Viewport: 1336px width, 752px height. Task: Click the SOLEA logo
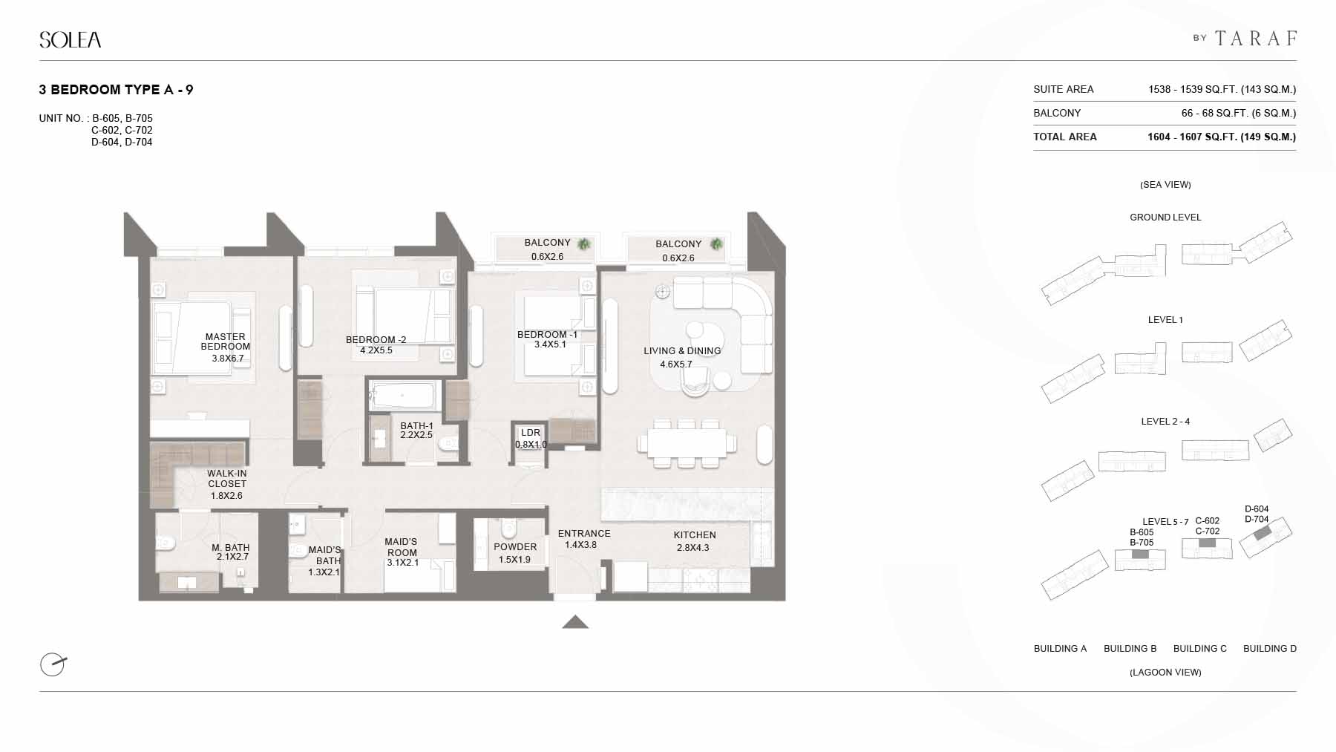pos(71,39)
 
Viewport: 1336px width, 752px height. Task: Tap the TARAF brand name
pos(1256,38)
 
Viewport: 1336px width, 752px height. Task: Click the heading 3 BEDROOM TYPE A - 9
pos(116,90)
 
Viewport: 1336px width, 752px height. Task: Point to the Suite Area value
pos(1222,89)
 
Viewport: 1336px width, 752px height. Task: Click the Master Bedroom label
pos(226,341)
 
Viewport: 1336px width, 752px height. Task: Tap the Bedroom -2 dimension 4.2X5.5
pos(376,350)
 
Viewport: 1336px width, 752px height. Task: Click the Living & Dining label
pos(682,351)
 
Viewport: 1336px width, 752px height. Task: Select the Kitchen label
pos(695,535)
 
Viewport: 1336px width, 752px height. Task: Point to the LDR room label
pos(531,433)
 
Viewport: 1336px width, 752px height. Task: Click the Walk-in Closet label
pos(227,479)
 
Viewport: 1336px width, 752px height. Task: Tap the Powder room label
pos(515,547)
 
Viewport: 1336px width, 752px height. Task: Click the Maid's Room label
pos(402,547)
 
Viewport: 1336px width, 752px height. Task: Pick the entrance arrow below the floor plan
pos(575,622)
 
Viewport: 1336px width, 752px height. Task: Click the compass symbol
pos(53,664)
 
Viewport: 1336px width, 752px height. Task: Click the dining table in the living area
pos(687,444)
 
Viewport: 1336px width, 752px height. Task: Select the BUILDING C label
pos(1199,649)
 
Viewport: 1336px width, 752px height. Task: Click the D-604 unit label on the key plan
pos(1257,509)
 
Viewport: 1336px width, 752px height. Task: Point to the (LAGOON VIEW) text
pos(1165,673)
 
